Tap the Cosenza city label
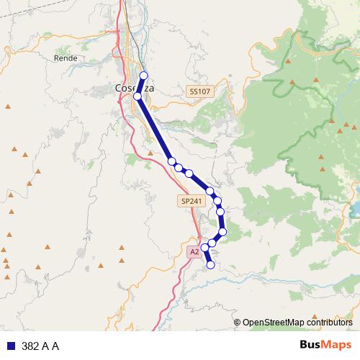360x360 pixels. (x=132, y=89)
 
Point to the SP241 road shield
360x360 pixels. (x=191, y=202)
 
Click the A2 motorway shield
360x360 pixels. (x=194, y=251)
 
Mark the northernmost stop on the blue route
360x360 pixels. (x=143, y=76)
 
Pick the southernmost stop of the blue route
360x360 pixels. (x=211, y=265)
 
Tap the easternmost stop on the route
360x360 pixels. (x=223, y=231)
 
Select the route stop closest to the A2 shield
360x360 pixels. (x=204, y=247)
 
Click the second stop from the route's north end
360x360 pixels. (x=137, y=95)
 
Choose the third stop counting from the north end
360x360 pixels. (x=171, y=161)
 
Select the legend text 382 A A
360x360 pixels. (x=40, y=346)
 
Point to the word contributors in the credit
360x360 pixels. (x=330, y=323)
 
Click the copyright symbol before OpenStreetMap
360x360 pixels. (x=238, y=323)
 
